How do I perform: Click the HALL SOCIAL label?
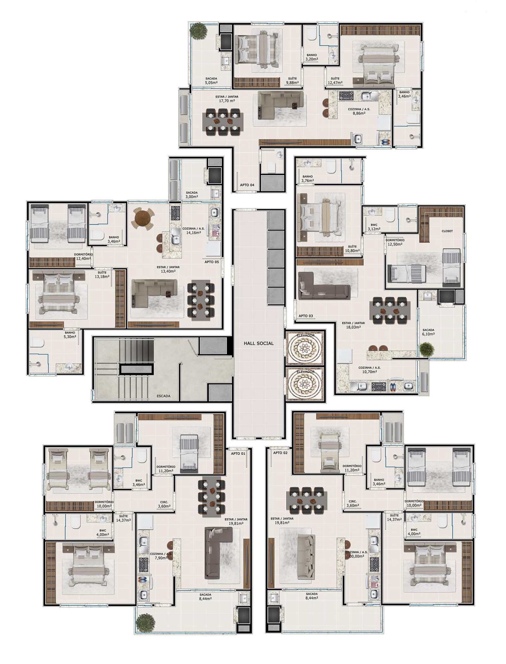(x=258, y=343)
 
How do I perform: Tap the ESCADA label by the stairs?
(x=163, y=396)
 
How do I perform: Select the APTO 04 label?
(x=247, y=185)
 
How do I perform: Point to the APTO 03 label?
(x=305, y=316)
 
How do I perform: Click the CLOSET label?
(x=447, y=231)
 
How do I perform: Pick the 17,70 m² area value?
(x=227, y=101)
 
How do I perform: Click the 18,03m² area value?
(x=353, y=327)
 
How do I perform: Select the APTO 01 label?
(x=238, y=453)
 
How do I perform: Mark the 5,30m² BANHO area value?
(x=70, y=337)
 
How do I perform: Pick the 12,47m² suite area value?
(x=335, y=83)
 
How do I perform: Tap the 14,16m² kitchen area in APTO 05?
(x=193, y=233)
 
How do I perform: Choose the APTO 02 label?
(x=280, y=453)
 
